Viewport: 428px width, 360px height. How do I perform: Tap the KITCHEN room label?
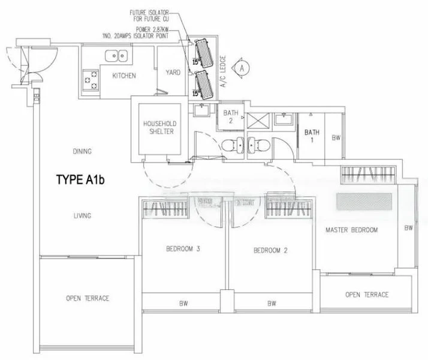(x=124, y=76)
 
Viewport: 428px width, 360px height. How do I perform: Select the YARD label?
(x=173, y=73)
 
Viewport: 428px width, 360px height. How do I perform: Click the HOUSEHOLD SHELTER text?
(x=158, y=128)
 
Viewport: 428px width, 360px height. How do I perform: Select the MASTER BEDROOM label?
(x=352, y=230)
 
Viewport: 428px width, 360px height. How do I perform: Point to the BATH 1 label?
(x=311, y=136)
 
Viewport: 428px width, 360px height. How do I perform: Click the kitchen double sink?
(x=114, y=56)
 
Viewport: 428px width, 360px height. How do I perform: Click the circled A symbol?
(x=242, y=68)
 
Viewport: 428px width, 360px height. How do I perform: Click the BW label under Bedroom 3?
(x=182, y=304)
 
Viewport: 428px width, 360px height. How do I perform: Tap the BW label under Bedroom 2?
(x=271, y=304)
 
